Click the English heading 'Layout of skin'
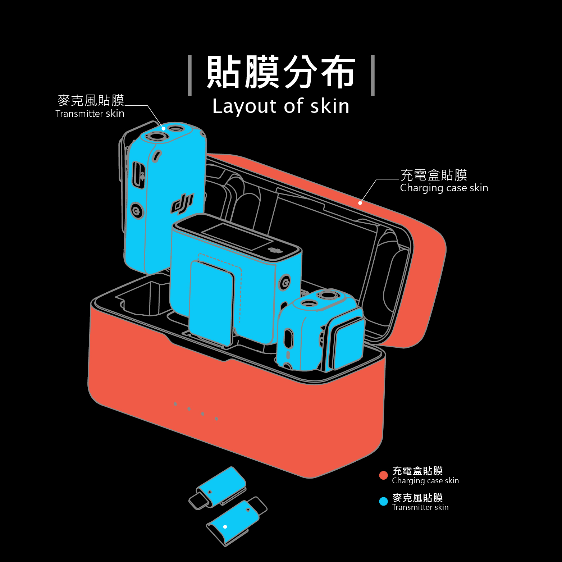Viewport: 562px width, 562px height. click(280, 106)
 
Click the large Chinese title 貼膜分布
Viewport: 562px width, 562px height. click(281, 72)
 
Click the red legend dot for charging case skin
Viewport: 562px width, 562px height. click(383, 475)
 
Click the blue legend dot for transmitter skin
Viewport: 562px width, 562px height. click(383, 501)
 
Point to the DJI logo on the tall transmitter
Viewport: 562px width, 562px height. click(182, 204)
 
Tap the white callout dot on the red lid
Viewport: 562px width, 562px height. click(360, 203)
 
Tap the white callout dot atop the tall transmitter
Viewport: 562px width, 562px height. click(164, 128)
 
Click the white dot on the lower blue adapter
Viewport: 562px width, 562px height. click(225, 527)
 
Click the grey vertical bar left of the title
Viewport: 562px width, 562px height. click(190, 76)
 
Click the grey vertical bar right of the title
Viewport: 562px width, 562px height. click(373, 76)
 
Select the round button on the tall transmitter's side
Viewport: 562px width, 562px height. click(137, 211)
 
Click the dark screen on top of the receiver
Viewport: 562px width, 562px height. click(237, 236)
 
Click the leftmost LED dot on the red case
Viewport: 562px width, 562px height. click(175, 404)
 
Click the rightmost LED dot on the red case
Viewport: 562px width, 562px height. click(216, 419)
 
